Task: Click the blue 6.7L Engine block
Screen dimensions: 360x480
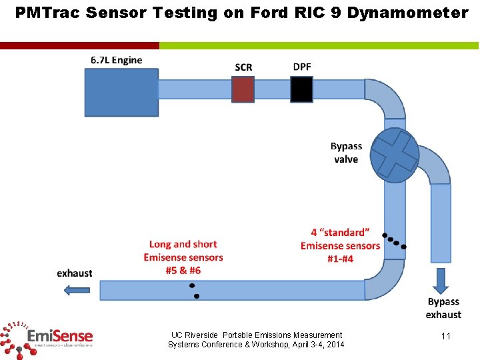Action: tap(121, 92)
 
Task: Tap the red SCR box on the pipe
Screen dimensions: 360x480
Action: tap(243, 89)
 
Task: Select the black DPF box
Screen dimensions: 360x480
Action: tap(301, 89)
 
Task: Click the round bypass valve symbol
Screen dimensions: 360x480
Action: tap(395, 155)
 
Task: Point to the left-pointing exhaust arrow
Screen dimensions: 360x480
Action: tap(77, 289)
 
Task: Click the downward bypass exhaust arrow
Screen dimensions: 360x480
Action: tap(441, 281)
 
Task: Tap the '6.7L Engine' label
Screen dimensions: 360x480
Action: tap(117, 60)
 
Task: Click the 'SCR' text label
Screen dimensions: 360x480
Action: tap(243, 67)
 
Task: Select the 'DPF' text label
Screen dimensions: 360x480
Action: tap(301, 67)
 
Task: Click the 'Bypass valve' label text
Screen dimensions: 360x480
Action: tap(346, 153)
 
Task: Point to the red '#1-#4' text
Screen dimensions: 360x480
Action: tap(340, 259)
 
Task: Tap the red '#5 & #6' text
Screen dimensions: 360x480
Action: tap(183, 270)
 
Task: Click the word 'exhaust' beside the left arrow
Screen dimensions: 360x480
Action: tap(75, 273)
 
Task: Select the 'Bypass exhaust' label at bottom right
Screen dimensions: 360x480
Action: tap(443, 308)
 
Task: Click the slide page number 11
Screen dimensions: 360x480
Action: tap(446, 336)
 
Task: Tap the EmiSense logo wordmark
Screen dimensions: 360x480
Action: tap(60, 335)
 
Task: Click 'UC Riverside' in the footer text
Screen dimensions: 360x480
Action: tap(195, 335)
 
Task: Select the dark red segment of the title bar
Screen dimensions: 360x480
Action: tap(79, 45)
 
